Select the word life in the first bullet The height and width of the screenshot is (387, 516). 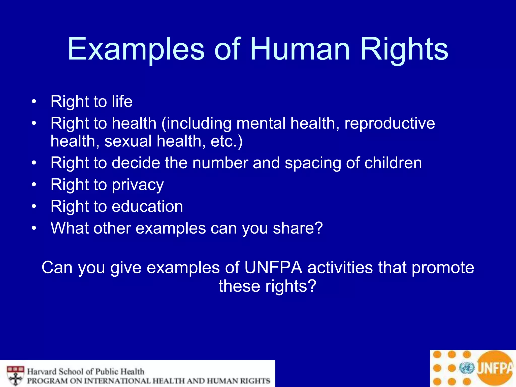click(122, 102)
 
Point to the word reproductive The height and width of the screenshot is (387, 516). click(390, 123)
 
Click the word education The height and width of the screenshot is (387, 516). click(147, 207)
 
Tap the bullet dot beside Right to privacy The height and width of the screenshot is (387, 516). click(34, 185)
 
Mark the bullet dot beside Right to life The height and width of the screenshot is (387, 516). click(34, 102)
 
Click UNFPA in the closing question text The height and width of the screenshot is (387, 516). click(273, 268)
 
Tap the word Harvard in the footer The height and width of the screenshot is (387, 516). click(42, 372)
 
